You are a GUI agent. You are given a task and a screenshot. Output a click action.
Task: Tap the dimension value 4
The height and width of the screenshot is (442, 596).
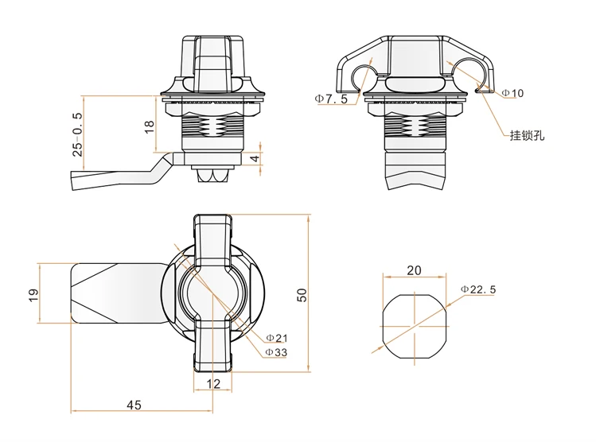point(254,159)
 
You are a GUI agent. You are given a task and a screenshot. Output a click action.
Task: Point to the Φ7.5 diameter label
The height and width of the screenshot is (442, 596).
point(330,99)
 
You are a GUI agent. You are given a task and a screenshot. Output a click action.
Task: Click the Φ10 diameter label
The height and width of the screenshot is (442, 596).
point(512,93)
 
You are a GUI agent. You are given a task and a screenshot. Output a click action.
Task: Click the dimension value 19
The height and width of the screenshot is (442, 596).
point(32,294)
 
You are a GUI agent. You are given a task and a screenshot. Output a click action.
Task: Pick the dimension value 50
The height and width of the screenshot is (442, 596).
point(302,293)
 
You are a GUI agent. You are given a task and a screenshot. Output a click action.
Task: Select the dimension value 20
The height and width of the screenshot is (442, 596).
point(414,269)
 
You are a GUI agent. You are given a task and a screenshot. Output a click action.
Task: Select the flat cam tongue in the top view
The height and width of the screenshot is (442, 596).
point(111,293)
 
